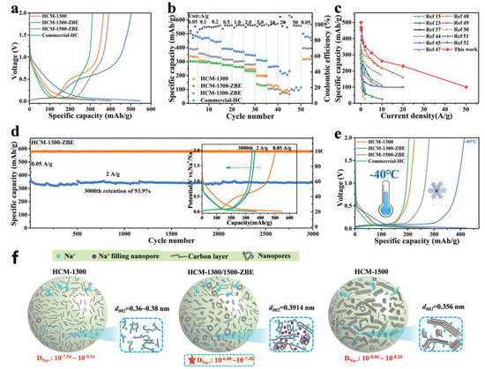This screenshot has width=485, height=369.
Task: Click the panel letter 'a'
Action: click(7, 7)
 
